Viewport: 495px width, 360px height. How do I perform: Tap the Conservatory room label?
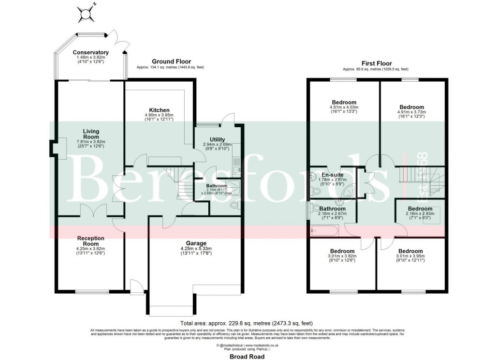tap(90, 52)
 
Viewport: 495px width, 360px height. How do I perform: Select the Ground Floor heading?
tap(171, 61)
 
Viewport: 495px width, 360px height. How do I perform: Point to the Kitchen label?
tap(159, 110)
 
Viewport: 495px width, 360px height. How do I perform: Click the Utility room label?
tap(214, 139)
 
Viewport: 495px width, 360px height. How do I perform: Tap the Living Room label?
tap(81, 134)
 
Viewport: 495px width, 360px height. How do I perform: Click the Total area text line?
tap(247, 323)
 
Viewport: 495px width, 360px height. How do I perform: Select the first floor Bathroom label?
tap(331, 209)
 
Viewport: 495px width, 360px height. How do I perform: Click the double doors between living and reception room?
tap(91, 211)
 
